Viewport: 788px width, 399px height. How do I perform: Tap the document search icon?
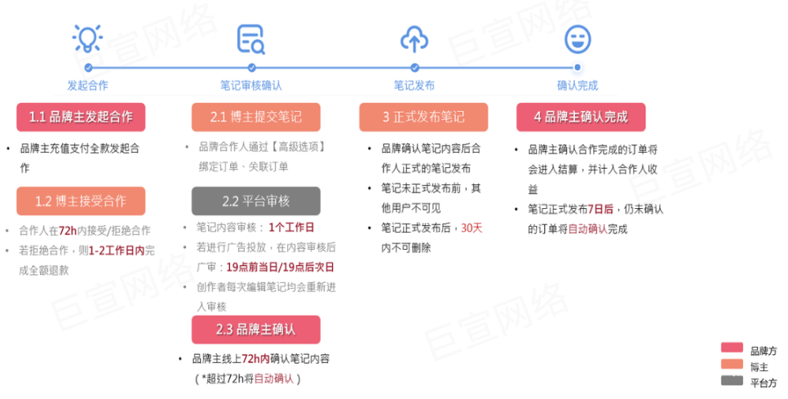tap(250, 38)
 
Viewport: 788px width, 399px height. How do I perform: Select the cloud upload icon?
tap(414, 38)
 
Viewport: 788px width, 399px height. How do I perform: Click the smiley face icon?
tap(578, 38)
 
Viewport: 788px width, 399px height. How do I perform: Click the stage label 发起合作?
tap(87, 85)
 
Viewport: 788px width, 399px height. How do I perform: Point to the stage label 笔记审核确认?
tap(250, 85)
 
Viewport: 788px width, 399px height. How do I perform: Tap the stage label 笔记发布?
tap(414, 85)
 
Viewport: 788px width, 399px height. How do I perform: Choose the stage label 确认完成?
tap(578, 85)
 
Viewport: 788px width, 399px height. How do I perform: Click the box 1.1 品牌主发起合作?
tap(81, 117)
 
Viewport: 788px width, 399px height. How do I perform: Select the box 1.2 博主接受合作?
tap(81, 201)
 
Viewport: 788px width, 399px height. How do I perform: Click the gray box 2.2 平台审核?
tap(255, 201)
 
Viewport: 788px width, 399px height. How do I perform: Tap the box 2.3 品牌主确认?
tap(255, 330)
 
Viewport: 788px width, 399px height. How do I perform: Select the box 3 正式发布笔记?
tap(423, 117)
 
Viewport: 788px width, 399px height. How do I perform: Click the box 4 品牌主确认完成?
tap(581, 117)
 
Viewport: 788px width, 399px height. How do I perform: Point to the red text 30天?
tap(472, 228)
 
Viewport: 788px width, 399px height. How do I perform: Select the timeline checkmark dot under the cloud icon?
tap(414, 68)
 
